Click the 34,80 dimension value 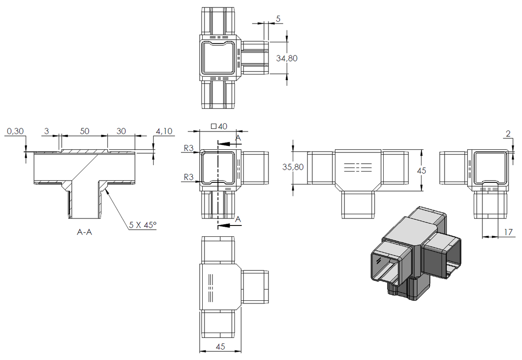pos(287,58)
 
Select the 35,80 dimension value pos(293,167)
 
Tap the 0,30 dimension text pos(15,131)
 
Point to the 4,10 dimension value pos(164,131)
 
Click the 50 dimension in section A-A pos(84,131)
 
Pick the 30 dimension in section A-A pos(121,131)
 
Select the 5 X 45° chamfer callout pos(143,225)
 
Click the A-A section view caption pos(84,232)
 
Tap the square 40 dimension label pos(219,126)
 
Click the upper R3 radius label pos(188,148)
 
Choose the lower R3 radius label pos(188,177)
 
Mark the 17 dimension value pos(509,232)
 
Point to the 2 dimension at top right pos(508,134)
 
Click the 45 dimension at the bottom pos(221,347)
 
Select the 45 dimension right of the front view pos(422,171)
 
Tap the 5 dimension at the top pos(278,19)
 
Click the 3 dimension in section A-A pos(47,131)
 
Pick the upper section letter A pos(238,138)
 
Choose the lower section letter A pos(238,219)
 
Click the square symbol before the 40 pos(214,126)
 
